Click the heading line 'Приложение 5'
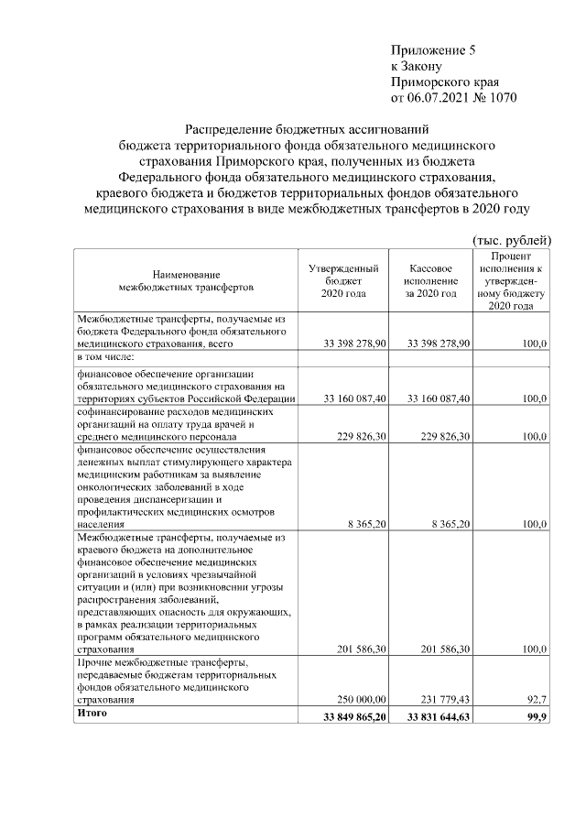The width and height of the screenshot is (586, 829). point(433,50)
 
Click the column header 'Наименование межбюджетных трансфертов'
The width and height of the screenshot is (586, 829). point(186,281)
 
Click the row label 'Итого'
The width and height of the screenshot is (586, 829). point(92,714)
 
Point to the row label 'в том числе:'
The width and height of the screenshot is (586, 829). point(106,356)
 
